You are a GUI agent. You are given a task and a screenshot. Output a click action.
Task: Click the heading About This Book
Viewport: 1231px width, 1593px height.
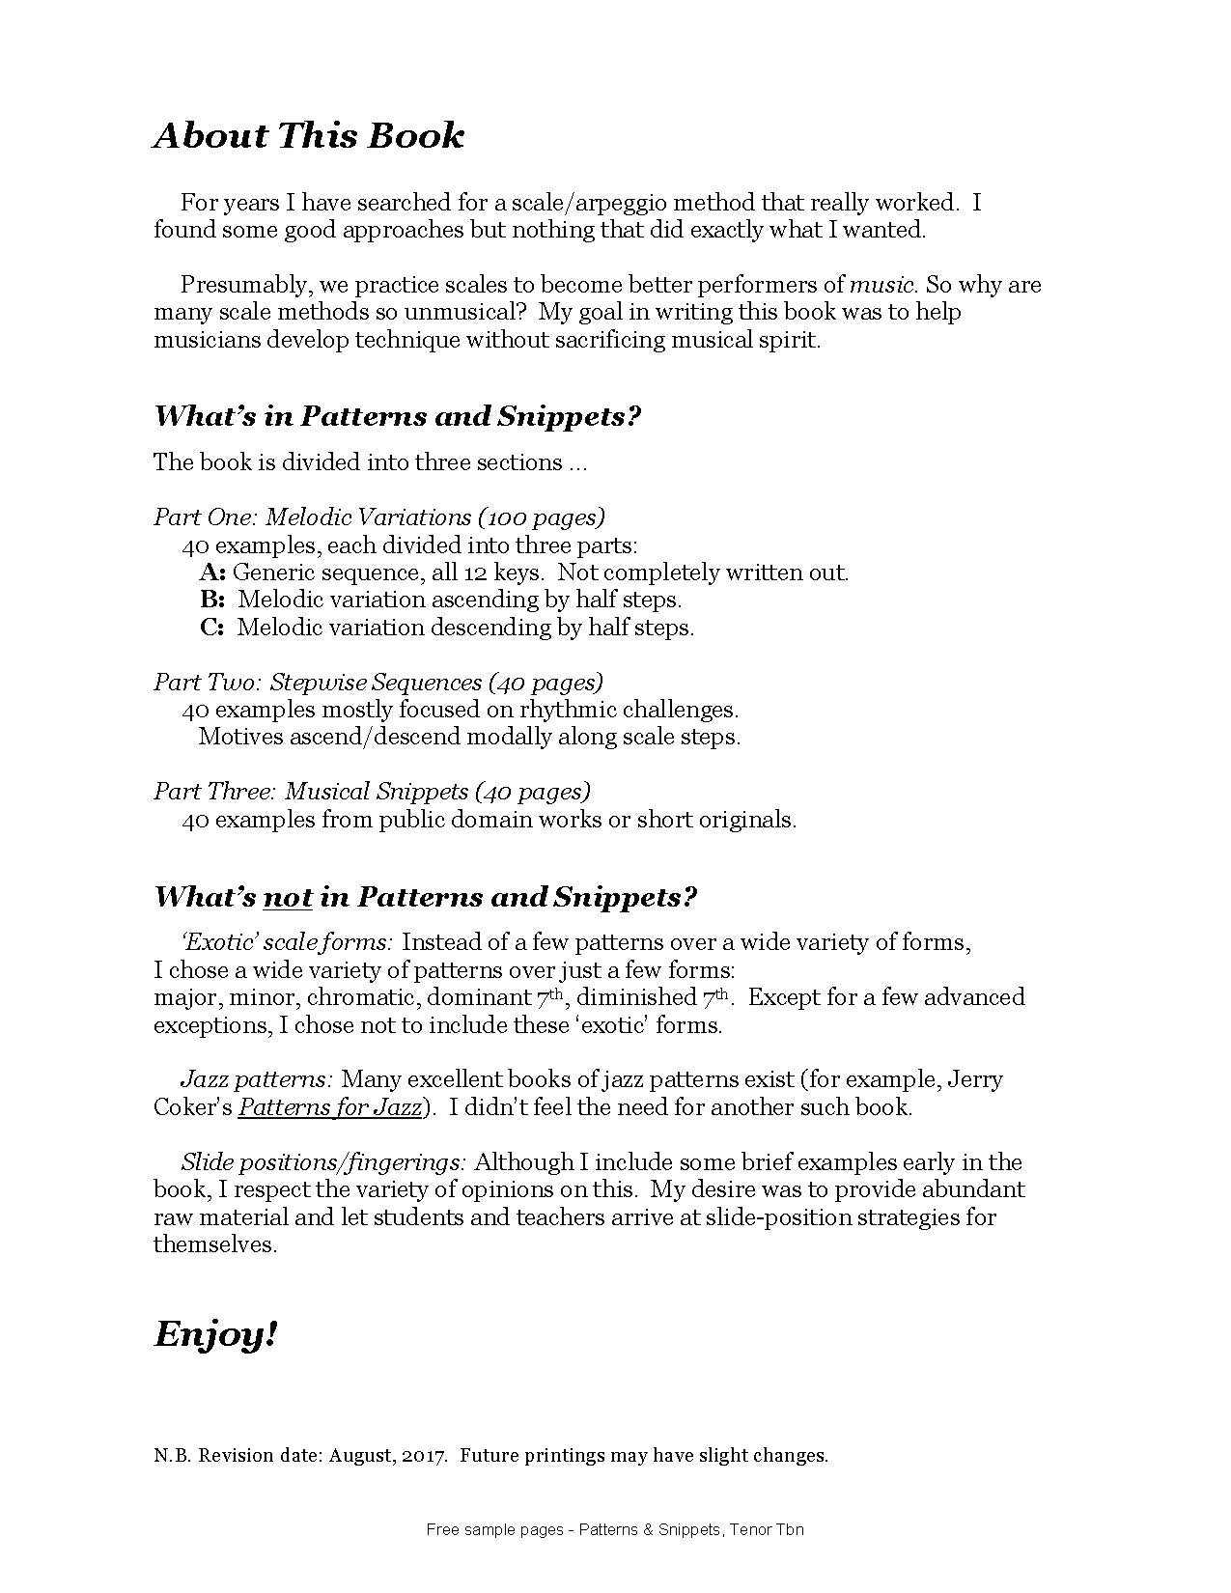pos(308,135)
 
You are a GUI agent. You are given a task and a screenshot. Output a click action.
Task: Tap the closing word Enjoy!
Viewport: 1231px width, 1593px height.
pos(215,1334)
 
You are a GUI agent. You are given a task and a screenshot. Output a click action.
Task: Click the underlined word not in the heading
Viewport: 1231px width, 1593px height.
pos(288,897)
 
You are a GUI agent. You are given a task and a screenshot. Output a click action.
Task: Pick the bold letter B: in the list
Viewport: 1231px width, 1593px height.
pos(212,600)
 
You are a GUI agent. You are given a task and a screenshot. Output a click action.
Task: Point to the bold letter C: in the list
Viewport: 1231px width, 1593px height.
pos(212,628)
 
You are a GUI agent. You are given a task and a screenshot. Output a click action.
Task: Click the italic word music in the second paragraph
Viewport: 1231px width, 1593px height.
pos(881,285)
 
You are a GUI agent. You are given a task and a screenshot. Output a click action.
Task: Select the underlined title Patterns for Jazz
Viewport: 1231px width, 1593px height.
pos(329,1107)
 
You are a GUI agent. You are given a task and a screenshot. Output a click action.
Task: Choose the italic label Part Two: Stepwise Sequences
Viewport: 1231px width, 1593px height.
pos(318,683)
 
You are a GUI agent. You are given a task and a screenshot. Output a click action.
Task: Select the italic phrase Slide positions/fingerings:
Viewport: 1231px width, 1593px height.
pos(323,1162)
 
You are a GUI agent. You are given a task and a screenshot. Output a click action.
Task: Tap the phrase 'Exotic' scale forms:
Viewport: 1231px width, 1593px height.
pos(286,942)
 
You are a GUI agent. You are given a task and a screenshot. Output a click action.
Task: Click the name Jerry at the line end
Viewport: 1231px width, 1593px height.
pos(975,1079)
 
